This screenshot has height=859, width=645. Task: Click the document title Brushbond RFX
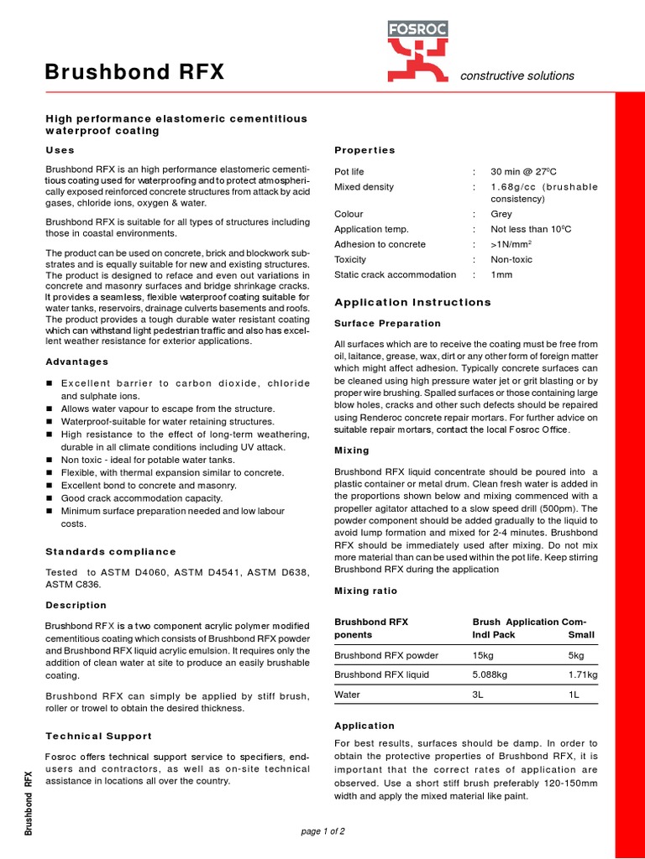tap(134, 73)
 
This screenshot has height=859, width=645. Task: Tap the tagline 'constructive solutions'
tap(517, 75)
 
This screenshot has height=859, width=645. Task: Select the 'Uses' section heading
tap(60, 150)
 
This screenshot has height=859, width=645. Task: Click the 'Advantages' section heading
tap(76, 362)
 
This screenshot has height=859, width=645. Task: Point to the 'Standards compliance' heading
tap(110, 551)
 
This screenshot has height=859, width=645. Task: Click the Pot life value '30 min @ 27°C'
tap(525, 172)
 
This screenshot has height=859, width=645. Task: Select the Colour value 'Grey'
tap(502, 215)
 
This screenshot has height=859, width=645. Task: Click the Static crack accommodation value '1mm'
tap(501, 275)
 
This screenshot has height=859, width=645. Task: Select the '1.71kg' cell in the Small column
tap(582, 674)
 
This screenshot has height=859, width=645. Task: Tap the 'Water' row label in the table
tap(347, 695)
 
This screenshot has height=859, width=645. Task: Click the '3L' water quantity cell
tap(479, 695)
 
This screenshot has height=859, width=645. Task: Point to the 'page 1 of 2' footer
tap(322, 831)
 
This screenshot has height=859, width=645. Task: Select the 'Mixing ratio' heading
tap(365, 591)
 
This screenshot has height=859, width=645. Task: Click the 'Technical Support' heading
tap(98, 736)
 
